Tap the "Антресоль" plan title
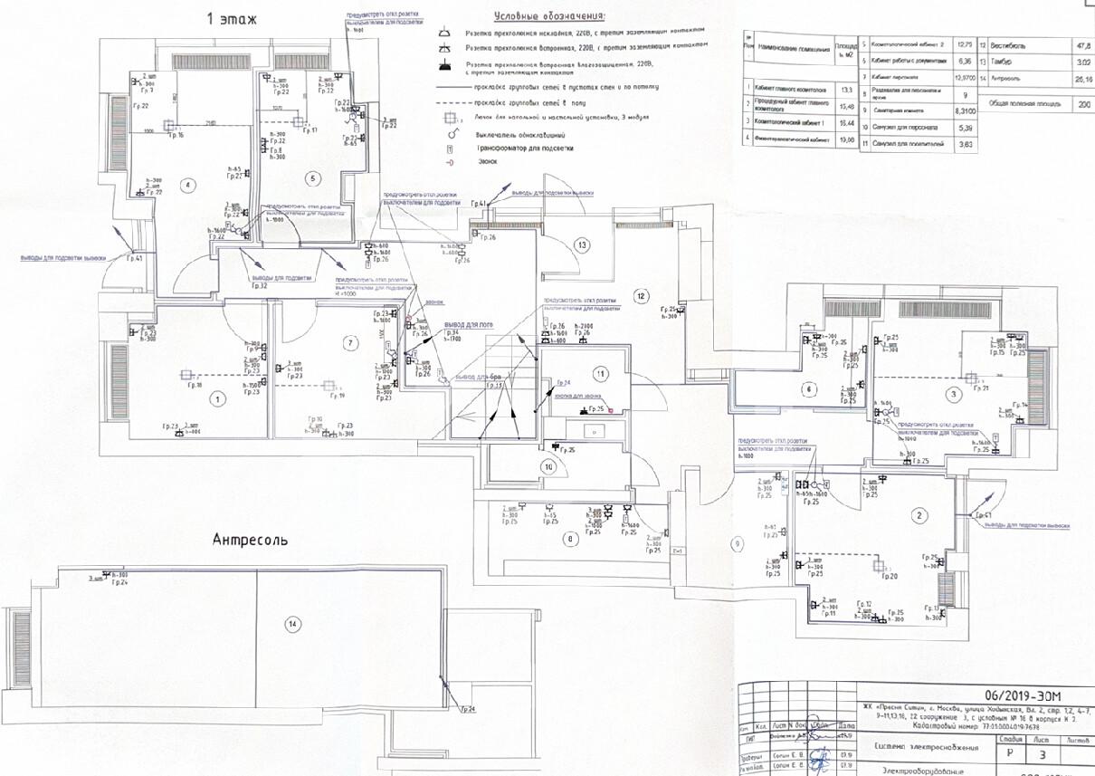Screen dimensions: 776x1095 pyautogui.click(x=250, y=541)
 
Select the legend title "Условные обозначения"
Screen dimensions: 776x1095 pyautogui.click(x=550, y=17)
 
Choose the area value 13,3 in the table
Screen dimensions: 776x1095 pyautogui.click(x=846, y=89)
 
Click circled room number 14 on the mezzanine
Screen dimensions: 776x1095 pyautogui.click(x=291, y=623)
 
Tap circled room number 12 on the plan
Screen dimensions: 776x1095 pyautogui.click(x=642, y=295)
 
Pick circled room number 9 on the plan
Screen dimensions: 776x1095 pyautogui.click(x=738, y=543)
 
